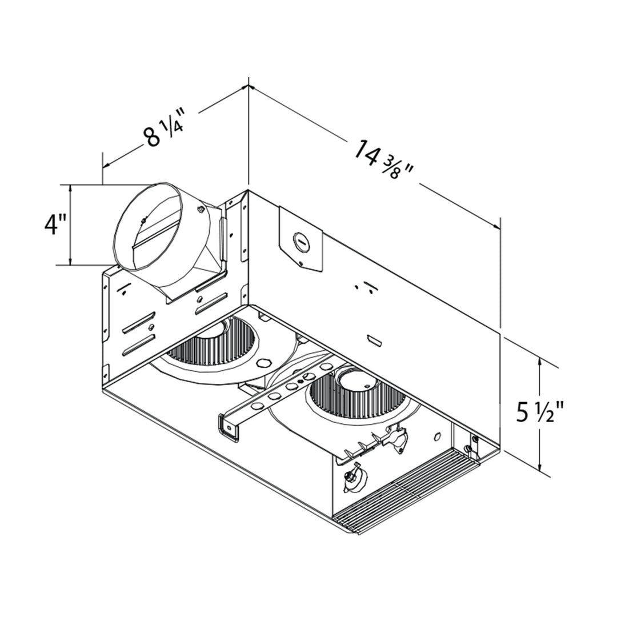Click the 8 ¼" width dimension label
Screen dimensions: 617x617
pos(164,130)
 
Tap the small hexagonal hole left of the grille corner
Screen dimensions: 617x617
pos(437,436)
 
